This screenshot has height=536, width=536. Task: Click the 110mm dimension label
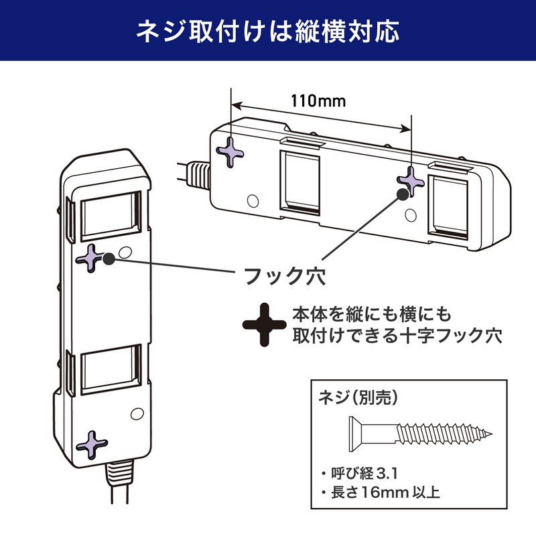[x=318, y=101]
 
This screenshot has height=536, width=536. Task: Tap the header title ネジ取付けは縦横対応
[x=268, y=31]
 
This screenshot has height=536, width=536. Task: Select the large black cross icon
[x=264, y=324]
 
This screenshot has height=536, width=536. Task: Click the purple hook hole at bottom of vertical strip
[x=92, y=442]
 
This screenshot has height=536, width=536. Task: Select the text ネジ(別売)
[x=359, y=397]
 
